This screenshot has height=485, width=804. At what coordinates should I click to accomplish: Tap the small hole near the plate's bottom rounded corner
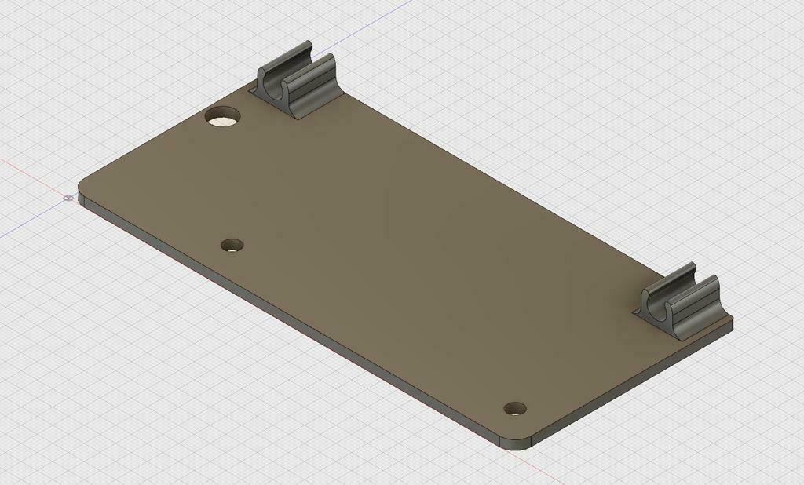(x=515, y=408)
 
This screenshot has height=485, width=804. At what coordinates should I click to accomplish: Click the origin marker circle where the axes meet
(x=68, y=199)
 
